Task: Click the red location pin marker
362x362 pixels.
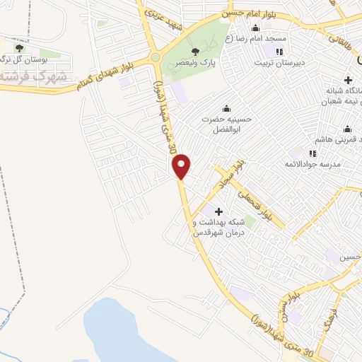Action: (x=182, y=166)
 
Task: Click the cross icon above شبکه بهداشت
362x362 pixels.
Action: (x=218, y=211)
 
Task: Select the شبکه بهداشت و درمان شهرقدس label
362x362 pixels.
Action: (x=218, y=227)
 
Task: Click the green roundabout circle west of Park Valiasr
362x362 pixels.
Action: (x=155, y=57)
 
